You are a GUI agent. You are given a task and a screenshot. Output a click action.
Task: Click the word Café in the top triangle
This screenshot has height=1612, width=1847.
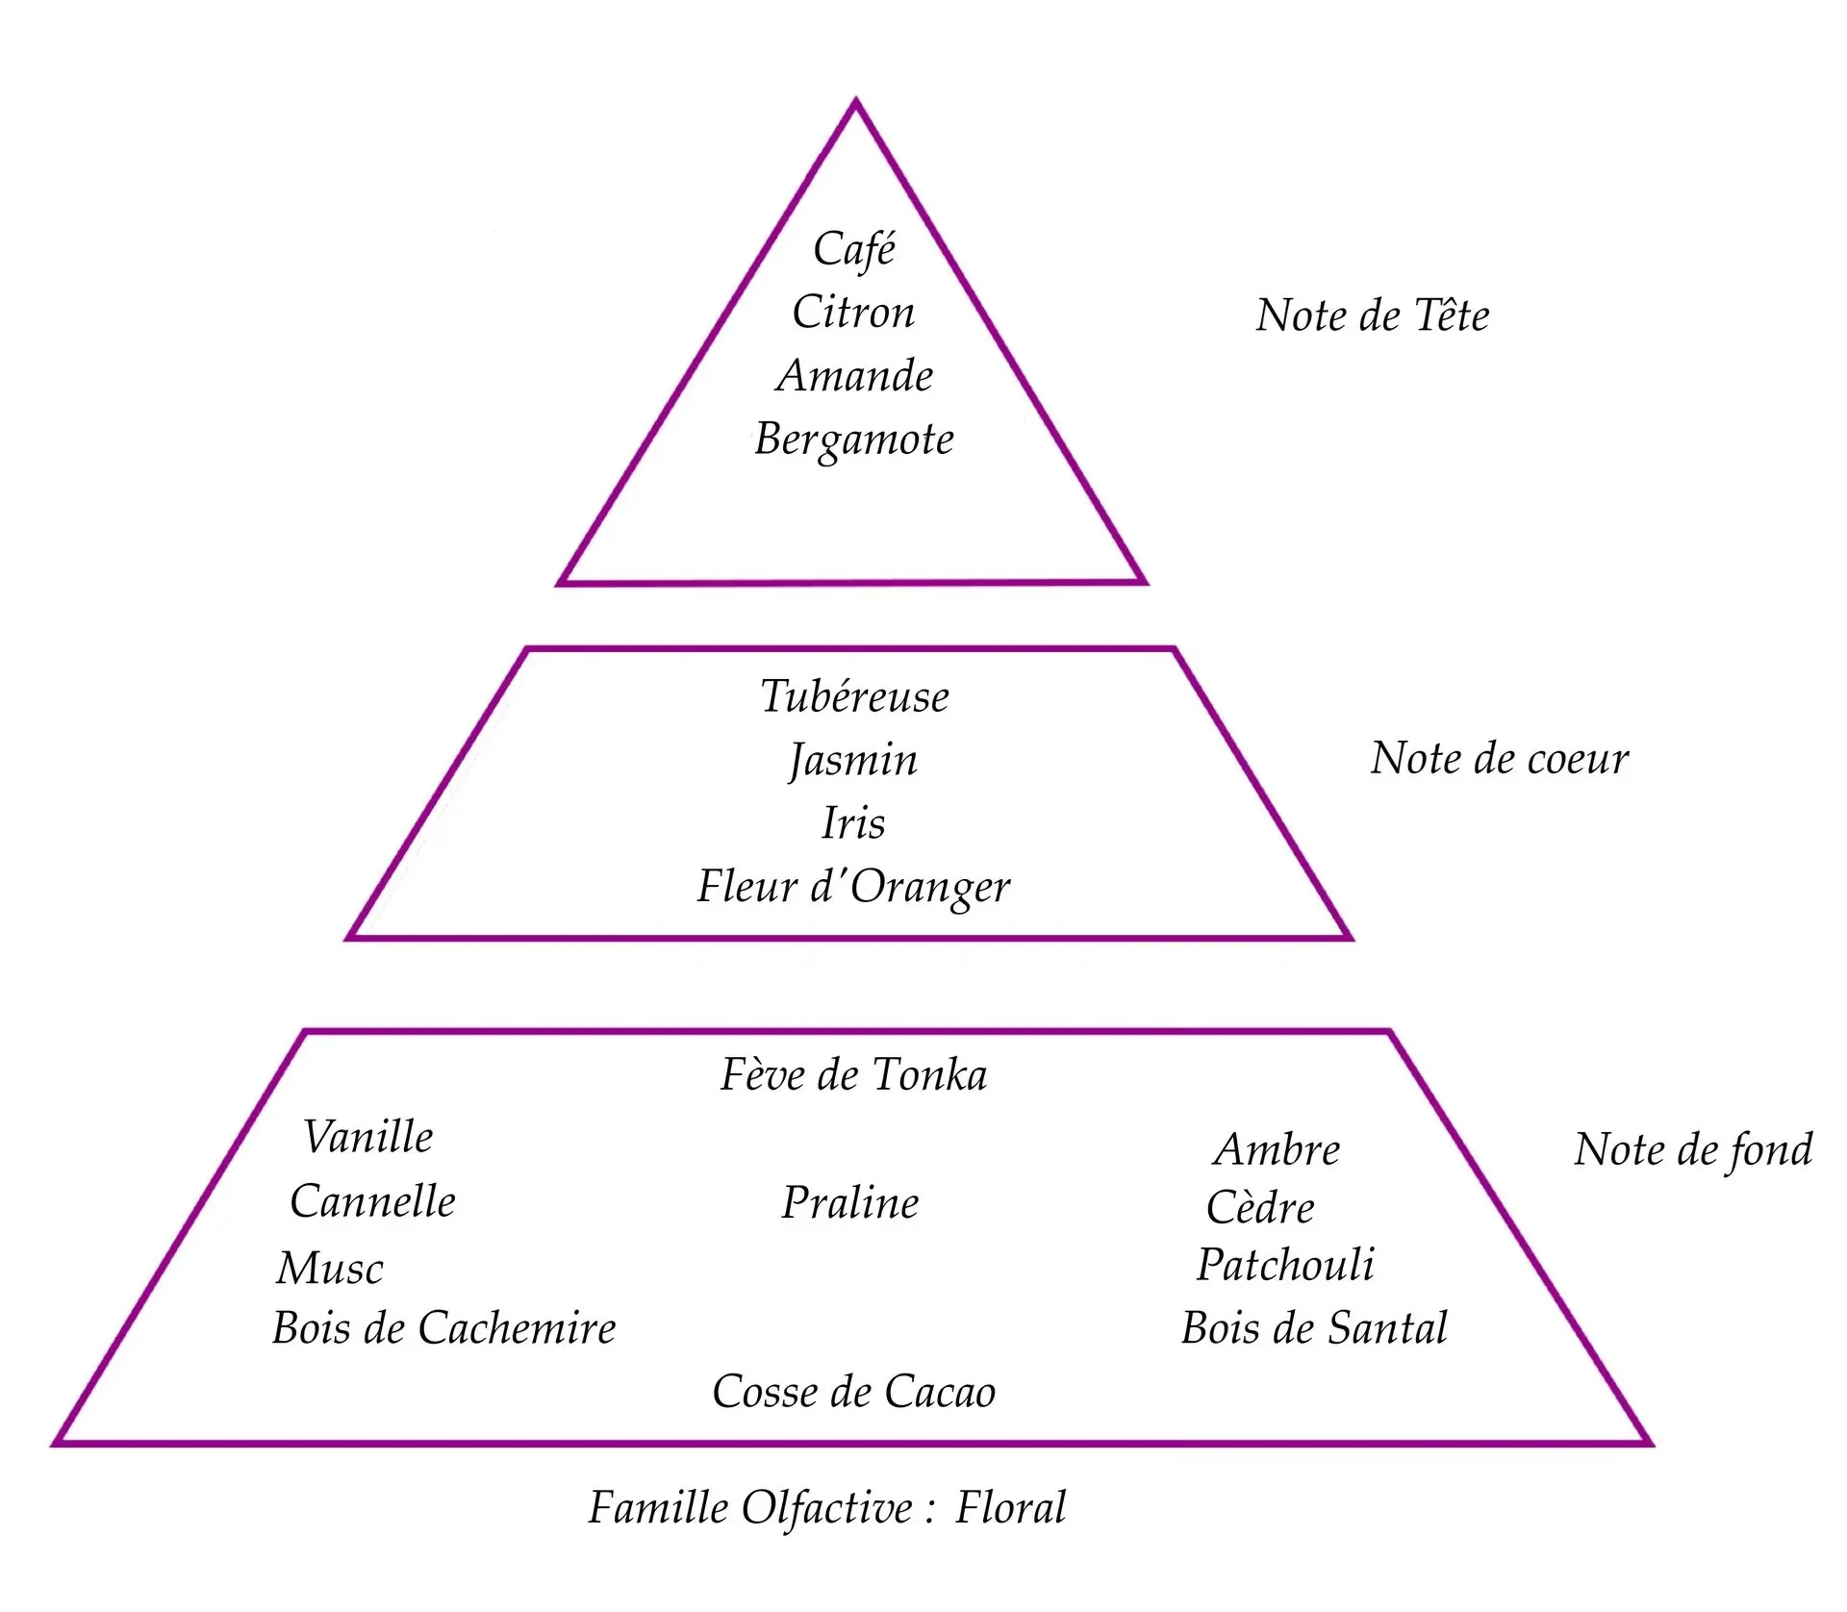click(x=854, y=249)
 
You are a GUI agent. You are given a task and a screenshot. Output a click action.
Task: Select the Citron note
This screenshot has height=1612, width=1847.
click(x=853, y=313)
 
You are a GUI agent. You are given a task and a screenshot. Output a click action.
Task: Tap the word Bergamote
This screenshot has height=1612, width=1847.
click(x=854, y=441)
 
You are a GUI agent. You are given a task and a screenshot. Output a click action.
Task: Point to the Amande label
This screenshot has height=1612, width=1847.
click(x=854, y=376)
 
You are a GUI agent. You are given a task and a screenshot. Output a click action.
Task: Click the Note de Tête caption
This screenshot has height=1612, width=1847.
click(x=1372, y=315)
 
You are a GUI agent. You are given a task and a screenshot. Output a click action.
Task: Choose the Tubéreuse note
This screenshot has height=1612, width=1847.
click(x=854, y=696)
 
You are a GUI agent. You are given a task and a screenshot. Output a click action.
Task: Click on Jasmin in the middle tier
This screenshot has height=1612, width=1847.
click(x=853, y=761)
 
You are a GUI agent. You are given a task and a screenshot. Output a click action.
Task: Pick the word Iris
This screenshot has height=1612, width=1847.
click(x=853, y=823)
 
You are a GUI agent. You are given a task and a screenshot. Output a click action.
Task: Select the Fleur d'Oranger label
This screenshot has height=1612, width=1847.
click(x=853, y=887)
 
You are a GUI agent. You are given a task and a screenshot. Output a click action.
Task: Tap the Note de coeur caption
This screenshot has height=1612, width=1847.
click(x=1499, y=759)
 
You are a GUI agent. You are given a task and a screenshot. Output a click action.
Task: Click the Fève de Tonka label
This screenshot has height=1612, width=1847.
click(x=853, y=1075)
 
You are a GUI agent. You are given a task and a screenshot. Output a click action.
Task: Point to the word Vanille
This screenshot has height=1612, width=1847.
click(x=368, y=1137)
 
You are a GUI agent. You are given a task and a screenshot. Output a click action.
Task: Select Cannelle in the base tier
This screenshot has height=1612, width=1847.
click(x=372, y=1201)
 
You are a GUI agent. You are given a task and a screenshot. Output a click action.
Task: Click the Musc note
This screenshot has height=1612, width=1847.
click(x=330, y=1269)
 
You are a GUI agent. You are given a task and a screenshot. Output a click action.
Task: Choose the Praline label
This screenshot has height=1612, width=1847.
click(x=850, y=1203)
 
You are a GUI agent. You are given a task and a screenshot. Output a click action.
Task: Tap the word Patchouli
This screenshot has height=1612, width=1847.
click(x=1285, y=1265)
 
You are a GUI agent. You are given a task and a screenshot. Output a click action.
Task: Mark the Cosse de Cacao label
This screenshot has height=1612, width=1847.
click(x=853, y=1392)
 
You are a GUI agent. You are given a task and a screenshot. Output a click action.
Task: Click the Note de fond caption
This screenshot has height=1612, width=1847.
click(x=1693, y=1150)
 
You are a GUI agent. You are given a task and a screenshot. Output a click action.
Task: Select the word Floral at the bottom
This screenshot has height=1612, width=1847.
click(x=1010, y=1508)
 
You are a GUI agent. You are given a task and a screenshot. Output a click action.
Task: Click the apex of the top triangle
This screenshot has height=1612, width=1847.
click(x=855, y=102)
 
